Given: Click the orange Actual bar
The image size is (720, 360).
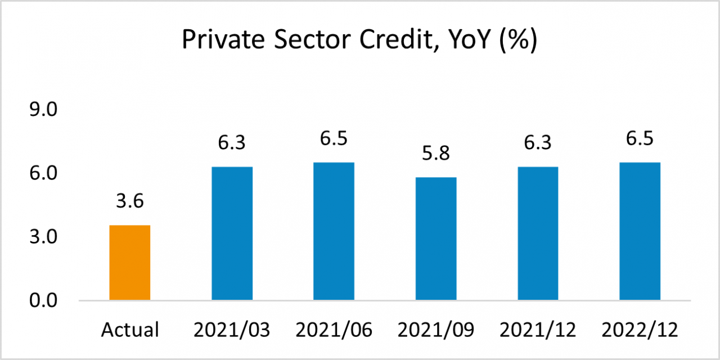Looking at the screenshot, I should tap(129, 263).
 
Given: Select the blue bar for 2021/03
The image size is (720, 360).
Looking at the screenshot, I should tap(232, 233).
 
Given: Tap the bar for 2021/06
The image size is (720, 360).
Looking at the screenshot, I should tap(334, 231).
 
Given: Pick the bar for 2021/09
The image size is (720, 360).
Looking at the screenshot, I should tap(436, 238).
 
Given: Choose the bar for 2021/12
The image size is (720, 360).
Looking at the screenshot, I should tap(538, 233).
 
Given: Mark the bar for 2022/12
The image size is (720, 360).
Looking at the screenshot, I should tap(640, 231).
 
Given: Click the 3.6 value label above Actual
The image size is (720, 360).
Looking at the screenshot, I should tap(130, 201).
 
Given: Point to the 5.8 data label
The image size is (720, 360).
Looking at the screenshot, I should tap(436, 154).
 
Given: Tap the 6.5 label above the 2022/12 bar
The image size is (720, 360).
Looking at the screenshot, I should tap(640, 138).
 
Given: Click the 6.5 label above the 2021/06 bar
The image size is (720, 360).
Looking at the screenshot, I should tap(334, 138).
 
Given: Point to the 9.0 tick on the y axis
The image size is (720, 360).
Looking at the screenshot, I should tap(44, 110).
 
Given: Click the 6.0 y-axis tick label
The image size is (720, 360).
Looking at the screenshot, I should tap(44, 173).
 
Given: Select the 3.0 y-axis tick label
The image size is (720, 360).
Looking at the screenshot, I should tap(44, 237).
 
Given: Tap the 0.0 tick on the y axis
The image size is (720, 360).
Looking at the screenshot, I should tap(44, 301).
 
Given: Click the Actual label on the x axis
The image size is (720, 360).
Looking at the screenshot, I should tap(130, 330).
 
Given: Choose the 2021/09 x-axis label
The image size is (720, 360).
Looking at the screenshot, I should tap(436, 330).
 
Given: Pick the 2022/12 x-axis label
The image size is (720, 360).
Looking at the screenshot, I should tap(640, 330).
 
